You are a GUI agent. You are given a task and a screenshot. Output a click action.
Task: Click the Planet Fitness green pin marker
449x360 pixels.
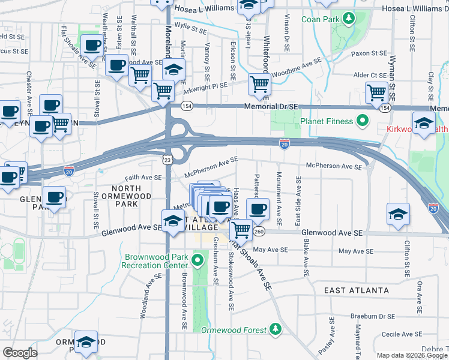pyautogui.click(x=362, y=121)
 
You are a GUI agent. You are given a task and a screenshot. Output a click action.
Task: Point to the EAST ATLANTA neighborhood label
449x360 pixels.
pyautogui.click(x=357, y=290)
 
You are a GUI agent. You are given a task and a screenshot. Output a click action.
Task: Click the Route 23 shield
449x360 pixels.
pyautogui.click(x=167, y=158)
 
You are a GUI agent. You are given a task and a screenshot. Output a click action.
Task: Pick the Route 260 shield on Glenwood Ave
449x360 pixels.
pyautogui.click(x=259, y=232)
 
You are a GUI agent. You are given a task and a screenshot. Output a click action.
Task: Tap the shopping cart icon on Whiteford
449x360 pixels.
pyautogui.click(x=259, y=84)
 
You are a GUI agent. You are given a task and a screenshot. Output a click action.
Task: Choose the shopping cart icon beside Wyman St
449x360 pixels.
pyautogui.click(x=376, y=92)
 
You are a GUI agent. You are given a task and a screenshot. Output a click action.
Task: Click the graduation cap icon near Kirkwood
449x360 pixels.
pyautogui.click(x=424, y=124)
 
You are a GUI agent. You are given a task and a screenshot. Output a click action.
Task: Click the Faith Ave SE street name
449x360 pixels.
pyautogui.click(x=143, y=178)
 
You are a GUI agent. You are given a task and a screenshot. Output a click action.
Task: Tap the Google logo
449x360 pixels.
pyautogui.click(x=20, y=353)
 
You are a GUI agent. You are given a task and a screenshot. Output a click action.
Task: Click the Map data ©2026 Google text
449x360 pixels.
pyautogui.click(x=411, y=355)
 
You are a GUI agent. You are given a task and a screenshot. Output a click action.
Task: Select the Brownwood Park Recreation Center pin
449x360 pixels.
pyautogui.click(x=198, y=261)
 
